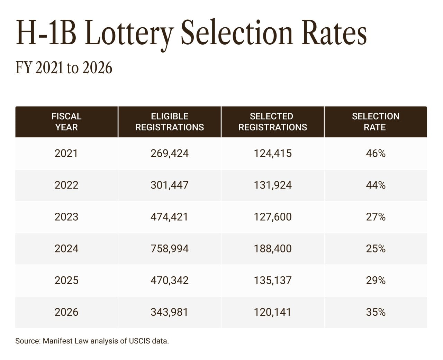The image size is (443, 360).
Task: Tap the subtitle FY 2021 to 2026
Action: [x=64, y=67]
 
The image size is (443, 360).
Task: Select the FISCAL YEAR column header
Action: [x=66, y=122]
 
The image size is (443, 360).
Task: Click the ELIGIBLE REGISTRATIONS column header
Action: [x=170, y=122]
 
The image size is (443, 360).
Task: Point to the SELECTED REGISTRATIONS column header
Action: [x=272, y=122]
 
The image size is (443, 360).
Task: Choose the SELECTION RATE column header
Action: [x=376, y=122]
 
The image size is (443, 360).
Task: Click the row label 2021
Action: [x=66, y=153]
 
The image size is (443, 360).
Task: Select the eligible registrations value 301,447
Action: [x=170, y=185]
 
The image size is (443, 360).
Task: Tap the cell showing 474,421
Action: [x=170, y=217]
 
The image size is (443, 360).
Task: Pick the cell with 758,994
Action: [x=170, y=249]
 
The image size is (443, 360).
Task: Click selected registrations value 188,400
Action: [x=272, y=249]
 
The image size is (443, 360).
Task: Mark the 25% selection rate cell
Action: [x=376, y=249]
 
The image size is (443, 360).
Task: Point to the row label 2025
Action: [x=66, y=280]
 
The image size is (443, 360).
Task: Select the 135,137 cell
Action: [x=272, y=280]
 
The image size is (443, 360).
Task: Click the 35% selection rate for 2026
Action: [x=376, y=312]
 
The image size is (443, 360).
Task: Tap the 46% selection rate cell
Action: [x=376, y=153]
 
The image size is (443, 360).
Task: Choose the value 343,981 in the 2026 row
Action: [x=170, y=312]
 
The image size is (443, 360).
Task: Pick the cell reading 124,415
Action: [x=272, y=153]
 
